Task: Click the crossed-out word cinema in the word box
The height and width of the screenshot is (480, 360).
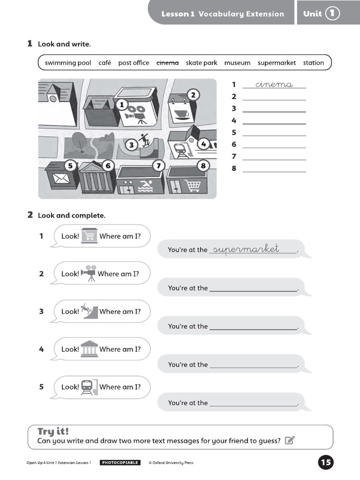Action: [167, 63]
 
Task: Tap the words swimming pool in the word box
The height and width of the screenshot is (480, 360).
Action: [68, 63]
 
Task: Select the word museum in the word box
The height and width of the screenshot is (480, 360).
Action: [237, 63]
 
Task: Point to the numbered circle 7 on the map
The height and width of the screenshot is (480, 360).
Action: [158, 165]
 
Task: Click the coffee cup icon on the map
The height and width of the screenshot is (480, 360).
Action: [181, 114]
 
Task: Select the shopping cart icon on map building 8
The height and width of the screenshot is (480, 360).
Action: [193, 186]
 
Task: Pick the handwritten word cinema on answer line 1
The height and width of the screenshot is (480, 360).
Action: [274, 84]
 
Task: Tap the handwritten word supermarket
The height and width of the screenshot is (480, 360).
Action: [246, 248]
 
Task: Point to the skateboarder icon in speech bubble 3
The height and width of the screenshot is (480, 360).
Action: [90, 311]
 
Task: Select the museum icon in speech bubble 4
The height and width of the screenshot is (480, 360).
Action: [89, 349]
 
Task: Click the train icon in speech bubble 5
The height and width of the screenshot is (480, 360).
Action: [88, 387]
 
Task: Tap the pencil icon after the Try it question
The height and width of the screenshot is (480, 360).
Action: [290, 440]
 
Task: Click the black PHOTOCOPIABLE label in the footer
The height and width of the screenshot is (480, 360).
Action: [120, 463]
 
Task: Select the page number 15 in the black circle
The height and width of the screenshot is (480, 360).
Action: [326, 463]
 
